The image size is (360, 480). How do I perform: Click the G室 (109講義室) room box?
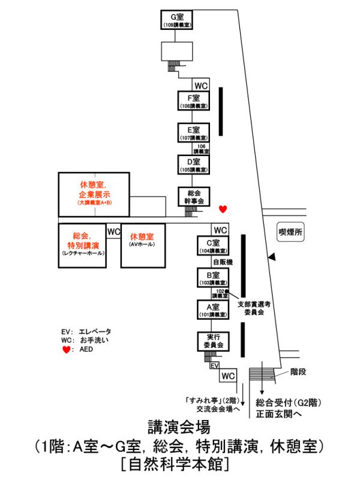[177, 20]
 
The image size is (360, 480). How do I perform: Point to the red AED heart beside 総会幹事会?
[223, 209]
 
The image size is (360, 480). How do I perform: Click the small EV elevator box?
[215, 365]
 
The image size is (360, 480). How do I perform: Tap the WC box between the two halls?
[113, 231]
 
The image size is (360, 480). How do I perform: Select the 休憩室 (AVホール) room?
[142, 245]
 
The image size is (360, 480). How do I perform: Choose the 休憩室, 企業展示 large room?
[94, 194]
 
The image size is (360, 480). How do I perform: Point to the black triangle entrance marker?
[272, 257]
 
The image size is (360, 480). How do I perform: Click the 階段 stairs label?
[298, 372]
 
